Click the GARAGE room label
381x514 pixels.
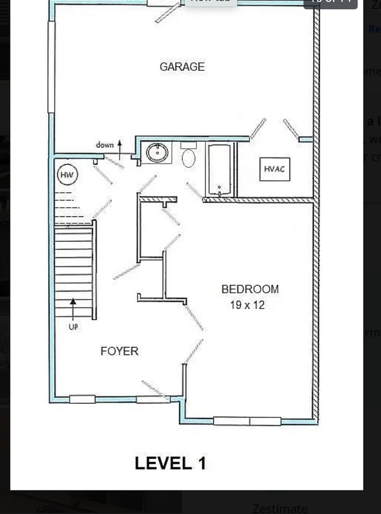(x=182, y=67)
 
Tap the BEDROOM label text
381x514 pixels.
(x=250, y=289)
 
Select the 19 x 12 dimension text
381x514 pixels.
(x=247, y=305)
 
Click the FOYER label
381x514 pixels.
(x=120, y=351)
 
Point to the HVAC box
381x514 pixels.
(x=274, y=169)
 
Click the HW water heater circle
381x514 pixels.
(x=67, y=174)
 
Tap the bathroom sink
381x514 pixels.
(x=157, y=153)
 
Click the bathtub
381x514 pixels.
(x=220, y=170)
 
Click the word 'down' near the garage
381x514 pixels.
(x=105, y=145)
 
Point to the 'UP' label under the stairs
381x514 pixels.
(x=73, y=327)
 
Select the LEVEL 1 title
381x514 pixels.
(x=170, y=463)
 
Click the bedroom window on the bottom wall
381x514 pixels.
(x=247, y=420)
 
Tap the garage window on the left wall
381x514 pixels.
(x=52, y=67)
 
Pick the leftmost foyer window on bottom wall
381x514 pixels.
(x=82, y=399)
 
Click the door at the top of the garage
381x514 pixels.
(x=168, y=12)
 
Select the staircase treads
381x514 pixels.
(x=74, y=269)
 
